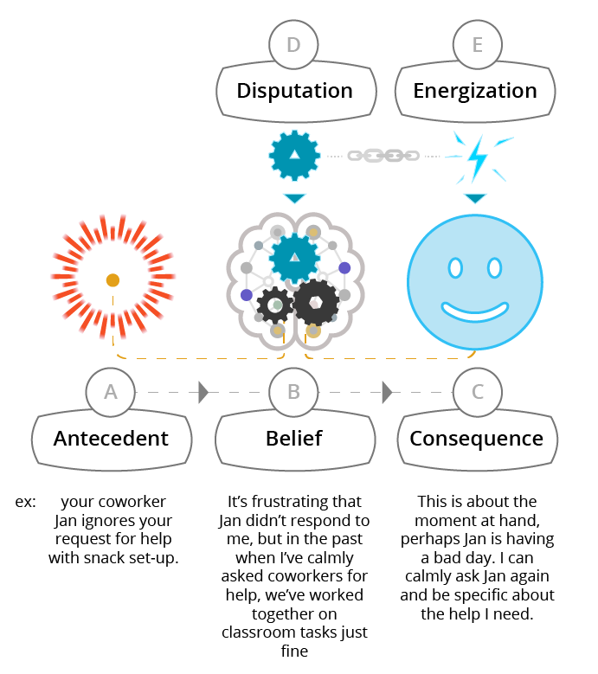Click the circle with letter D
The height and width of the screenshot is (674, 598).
click(294, 45)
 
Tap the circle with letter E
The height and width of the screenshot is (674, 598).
click(477, 45)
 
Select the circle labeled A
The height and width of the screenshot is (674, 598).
click(111, 392)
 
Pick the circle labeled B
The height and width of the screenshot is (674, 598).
click(294, 392)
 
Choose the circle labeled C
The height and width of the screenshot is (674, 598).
click(477, 392)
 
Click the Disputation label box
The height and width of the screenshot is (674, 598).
click(294, 91)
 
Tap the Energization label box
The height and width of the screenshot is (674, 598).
click(475, 91)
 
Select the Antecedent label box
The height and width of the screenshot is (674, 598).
click(111, 439)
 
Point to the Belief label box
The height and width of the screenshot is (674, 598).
click(294, 439)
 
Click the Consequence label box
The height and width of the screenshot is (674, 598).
click(476, 439)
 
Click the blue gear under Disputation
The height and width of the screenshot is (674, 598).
click(294, 155)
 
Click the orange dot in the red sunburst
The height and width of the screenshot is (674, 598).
click(113, 280)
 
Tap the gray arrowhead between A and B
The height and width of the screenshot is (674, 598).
click(203, 392)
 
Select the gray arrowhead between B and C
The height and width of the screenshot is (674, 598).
click(386, 392)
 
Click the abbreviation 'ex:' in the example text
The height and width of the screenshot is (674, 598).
click(25, 502)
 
